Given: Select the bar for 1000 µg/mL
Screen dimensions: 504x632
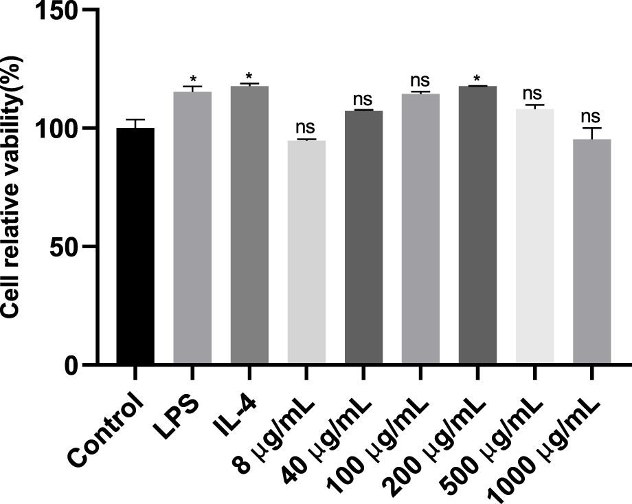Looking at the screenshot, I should [591, 252].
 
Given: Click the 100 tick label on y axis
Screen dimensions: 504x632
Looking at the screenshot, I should [61, 129].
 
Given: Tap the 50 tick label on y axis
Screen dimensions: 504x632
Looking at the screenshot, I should [67, 246].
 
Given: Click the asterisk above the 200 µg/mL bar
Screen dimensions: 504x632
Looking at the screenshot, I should [477, 78].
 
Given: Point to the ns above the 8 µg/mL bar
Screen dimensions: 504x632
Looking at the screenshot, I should [306, 127].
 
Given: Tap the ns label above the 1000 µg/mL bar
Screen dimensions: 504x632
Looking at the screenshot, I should [591, 116].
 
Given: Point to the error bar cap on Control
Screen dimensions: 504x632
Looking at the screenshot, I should [135, 120].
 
